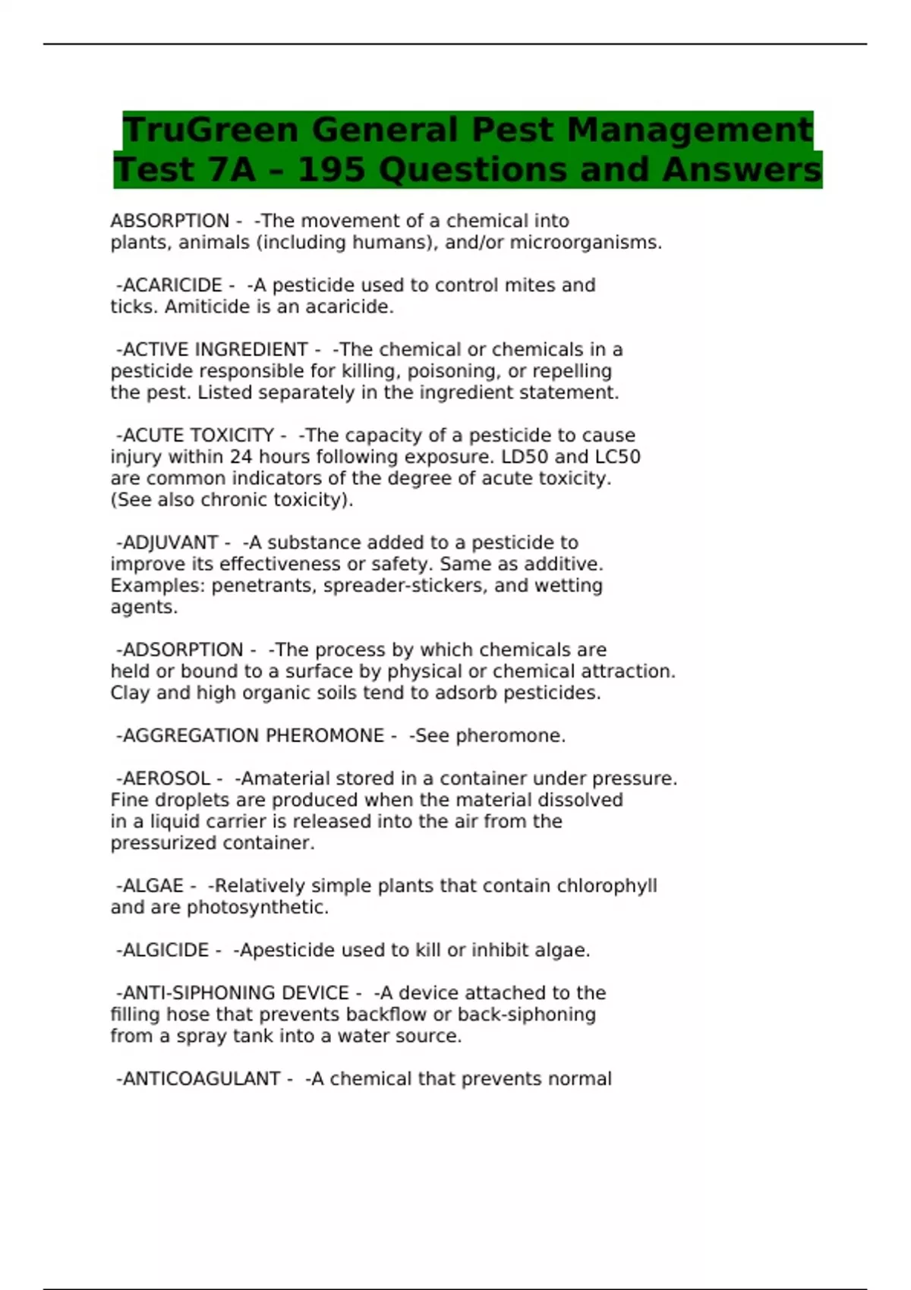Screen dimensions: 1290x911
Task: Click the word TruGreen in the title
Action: point(210,130)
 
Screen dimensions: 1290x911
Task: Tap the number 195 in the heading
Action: point(332,170)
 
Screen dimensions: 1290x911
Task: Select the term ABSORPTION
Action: point(170,221)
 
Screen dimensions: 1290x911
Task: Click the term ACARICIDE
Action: point(172,285)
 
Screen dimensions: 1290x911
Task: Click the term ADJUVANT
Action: point(170,543)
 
